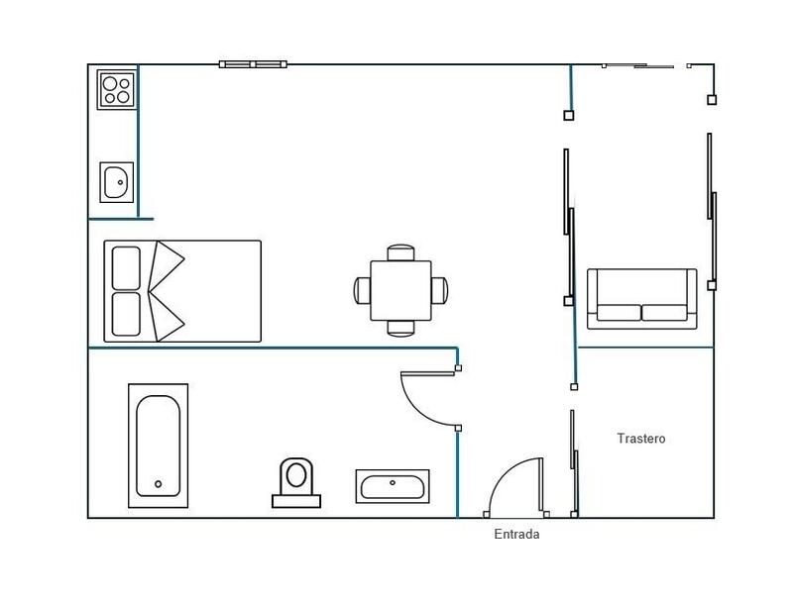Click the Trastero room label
(x=641, y=438)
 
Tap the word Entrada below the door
(x=516, y=535)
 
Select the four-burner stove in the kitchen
(x=116, y=89)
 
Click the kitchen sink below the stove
(x=116, y=182)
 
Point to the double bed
(x=182, y=291)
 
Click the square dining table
(x=401, y=290)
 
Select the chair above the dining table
(x=401, y=252)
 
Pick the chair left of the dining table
(x=362, y=290)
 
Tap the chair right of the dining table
(x=440, y=290)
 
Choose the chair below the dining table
(x=401, y=328)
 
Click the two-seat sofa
(x=641, y=298)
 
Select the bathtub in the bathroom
(x=158, y=446)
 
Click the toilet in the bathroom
(x=296, y=482)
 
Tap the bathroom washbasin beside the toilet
(x=393, y=486)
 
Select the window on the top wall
(x=253, y=64)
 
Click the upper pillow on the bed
(x=127, y=267)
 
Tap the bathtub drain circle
(x=158, y=484)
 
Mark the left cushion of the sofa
(x=618, y=313)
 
